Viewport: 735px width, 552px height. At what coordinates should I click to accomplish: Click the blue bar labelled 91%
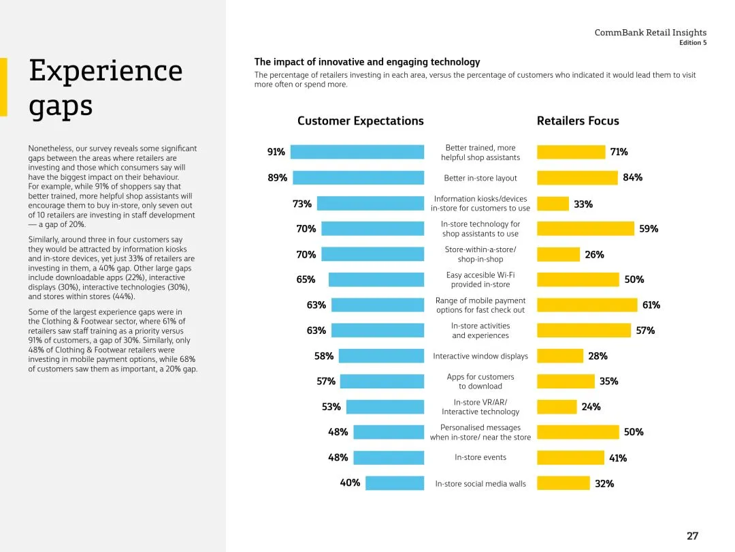click(357, 152)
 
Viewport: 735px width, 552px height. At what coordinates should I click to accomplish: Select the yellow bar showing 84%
click(577, 178)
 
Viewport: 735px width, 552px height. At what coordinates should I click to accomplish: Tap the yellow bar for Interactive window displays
click(560, 356)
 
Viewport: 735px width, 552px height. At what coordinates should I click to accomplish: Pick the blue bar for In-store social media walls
click(394, 483)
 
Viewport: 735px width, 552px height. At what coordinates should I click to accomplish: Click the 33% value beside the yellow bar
click(583, 204)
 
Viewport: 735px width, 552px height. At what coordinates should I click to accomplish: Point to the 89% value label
click(277, 178)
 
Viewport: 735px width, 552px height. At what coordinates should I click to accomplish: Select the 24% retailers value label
click(591, 407)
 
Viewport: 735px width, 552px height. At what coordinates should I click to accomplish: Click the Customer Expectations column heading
click(360, 121)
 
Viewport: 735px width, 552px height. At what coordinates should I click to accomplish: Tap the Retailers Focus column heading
click(578, 121)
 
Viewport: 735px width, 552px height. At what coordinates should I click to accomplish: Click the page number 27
click(692, 536)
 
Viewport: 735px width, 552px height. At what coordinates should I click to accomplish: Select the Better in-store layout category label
click(480, 179)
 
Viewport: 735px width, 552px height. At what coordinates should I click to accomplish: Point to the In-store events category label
click(480, 457)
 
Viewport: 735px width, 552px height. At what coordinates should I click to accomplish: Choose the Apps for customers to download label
click(480, 381)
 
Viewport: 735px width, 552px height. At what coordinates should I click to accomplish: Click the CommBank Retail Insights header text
click(650, 32)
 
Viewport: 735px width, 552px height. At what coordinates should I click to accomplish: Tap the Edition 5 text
click(693, 43)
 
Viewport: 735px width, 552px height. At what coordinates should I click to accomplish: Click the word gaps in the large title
click(61, 107)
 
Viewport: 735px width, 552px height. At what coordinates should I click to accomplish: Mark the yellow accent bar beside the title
click(3, 87)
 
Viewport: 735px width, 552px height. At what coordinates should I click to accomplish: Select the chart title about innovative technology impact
click(367, 62)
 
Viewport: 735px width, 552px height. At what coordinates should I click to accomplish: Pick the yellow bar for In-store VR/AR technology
click(557, 407)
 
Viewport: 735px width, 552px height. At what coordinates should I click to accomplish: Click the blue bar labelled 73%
click(370, 203)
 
